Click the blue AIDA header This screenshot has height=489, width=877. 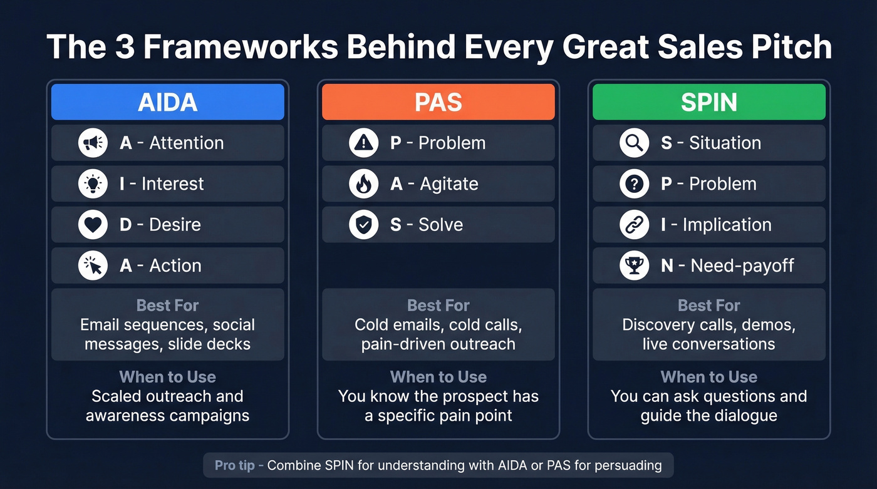(x=167, y=102)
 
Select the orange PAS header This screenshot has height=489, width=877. (x=438, y=102)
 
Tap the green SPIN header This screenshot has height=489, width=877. (x=708, y=102)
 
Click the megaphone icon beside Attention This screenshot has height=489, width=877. (x=93, y=143)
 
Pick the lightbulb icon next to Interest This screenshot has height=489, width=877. (x=93, y=183)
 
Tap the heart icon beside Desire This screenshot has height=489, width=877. (x=93, y=225)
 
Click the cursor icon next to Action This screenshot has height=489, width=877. (x=93, y=265)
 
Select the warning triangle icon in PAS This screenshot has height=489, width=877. (x=363, y=143)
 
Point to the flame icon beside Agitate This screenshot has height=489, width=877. (x=363, y=183)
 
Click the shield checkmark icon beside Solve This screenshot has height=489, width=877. (x=363, y=225)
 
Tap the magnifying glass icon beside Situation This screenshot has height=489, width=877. (x=634, y=143)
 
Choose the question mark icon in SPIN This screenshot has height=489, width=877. (x=634, y=183)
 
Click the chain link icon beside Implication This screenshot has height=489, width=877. (x=634, y=225)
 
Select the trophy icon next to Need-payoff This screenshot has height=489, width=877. (x=634, y=265)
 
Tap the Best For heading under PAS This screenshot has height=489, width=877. (x=438, y=306)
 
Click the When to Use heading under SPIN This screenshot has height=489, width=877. (x=708, y=377)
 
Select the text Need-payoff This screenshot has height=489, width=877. (x=742, y=265)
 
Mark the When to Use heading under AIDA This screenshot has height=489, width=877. (x=167, y=377)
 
